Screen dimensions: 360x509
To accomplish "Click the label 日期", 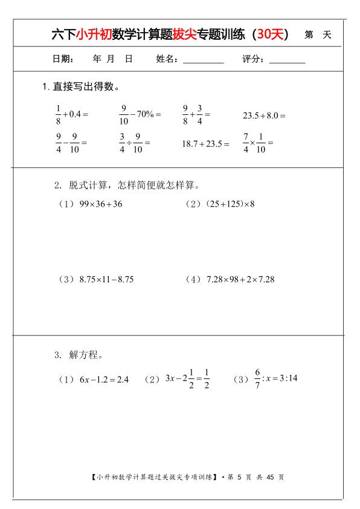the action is point(63,59).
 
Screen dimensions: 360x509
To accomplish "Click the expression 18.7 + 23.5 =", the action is point(205,144).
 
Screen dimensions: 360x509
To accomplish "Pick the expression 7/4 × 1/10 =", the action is point(258,143).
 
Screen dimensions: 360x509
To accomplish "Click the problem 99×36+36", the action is point(100,204).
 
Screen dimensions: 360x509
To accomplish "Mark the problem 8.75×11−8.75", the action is point(106,279).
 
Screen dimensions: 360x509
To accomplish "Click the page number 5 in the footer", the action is point(240,477).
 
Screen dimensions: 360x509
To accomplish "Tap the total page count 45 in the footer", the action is point(270,477).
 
